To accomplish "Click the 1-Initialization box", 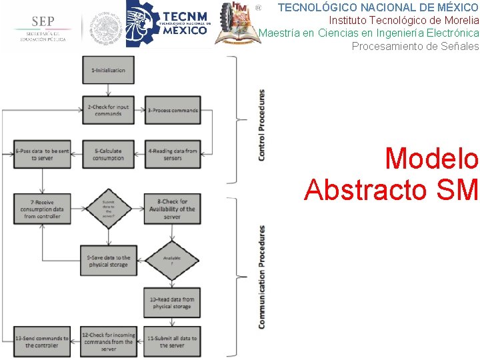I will pos(108,71).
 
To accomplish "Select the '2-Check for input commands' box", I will pos(108,110).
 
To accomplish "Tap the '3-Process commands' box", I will pos(173,110).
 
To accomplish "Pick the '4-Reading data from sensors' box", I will pos(173,154).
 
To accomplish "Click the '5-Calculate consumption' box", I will pos(108,154).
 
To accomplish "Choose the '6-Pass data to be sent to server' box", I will pos(41,154).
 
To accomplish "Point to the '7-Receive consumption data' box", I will pos(41,209).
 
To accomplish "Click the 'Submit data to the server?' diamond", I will pos(108,209).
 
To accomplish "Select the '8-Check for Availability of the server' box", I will pos(173,209).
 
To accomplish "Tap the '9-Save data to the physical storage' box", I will pos(109,261).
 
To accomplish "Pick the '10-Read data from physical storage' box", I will pos(173,303).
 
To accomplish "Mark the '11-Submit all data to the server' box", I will pos(173,341).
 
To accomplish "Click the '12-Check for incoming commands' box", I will pos(109,341).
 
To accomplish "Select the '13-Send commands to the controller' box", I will pos(41,341).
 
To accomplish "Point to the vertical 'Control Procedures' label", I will pos(261,125).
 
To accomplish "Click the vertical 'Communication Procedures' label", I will pos(261,276).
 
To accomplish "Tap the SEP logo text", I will pos(42,21).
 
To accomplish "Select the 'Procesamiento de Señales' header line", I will pos(415,46).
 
